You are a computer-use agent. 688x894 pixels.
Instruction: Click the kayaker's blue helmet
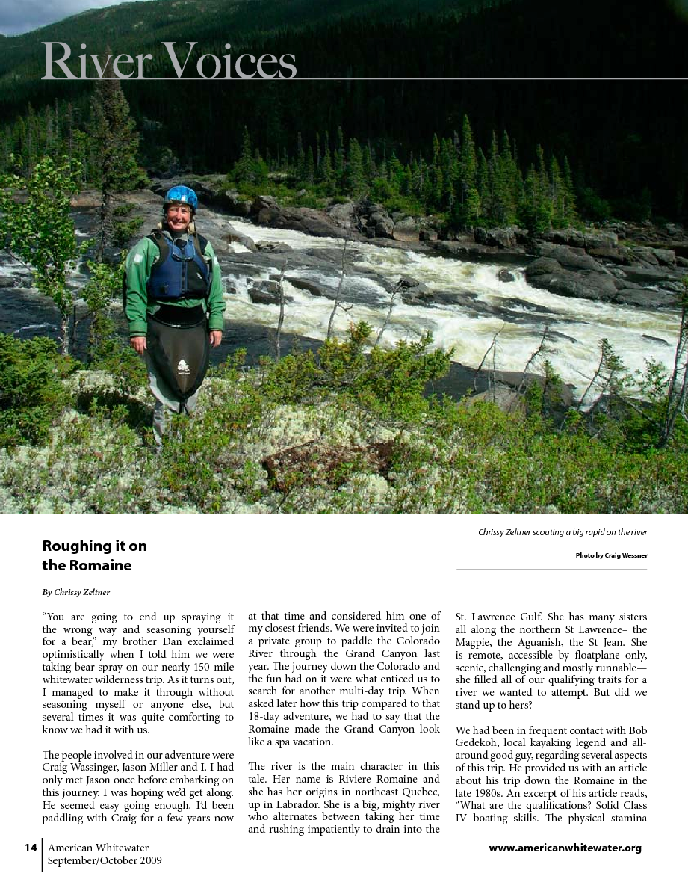click(x=181, y=197)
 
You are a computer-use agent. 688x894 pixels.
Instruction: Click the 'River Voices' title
click(x=169, y=61)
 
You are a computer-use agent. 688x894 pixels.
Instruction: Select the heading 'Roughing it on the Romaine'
click(x=94, y=555)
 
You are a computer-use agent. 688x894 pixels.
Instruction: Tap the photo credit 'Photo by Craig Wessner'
click(x=611, y=555)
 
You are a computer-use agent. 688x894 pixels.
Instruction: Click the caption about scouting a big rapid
click(x=563, y=532)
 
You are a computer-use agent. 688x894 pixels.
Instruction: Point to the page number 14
click(x=31, y=848)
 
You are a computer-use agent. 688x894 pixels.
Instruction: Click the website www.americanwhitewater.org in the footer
click(x=565, y=848)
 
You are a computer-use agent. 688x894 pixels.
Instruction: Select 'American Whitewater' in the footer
click(x=98, y=848)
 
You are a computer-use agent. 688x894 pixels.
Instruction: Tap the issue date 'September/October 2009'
click(x=105, y=860)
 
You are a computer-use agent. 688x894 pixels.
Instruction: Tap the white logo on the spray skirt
click(x=183, y=366)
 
